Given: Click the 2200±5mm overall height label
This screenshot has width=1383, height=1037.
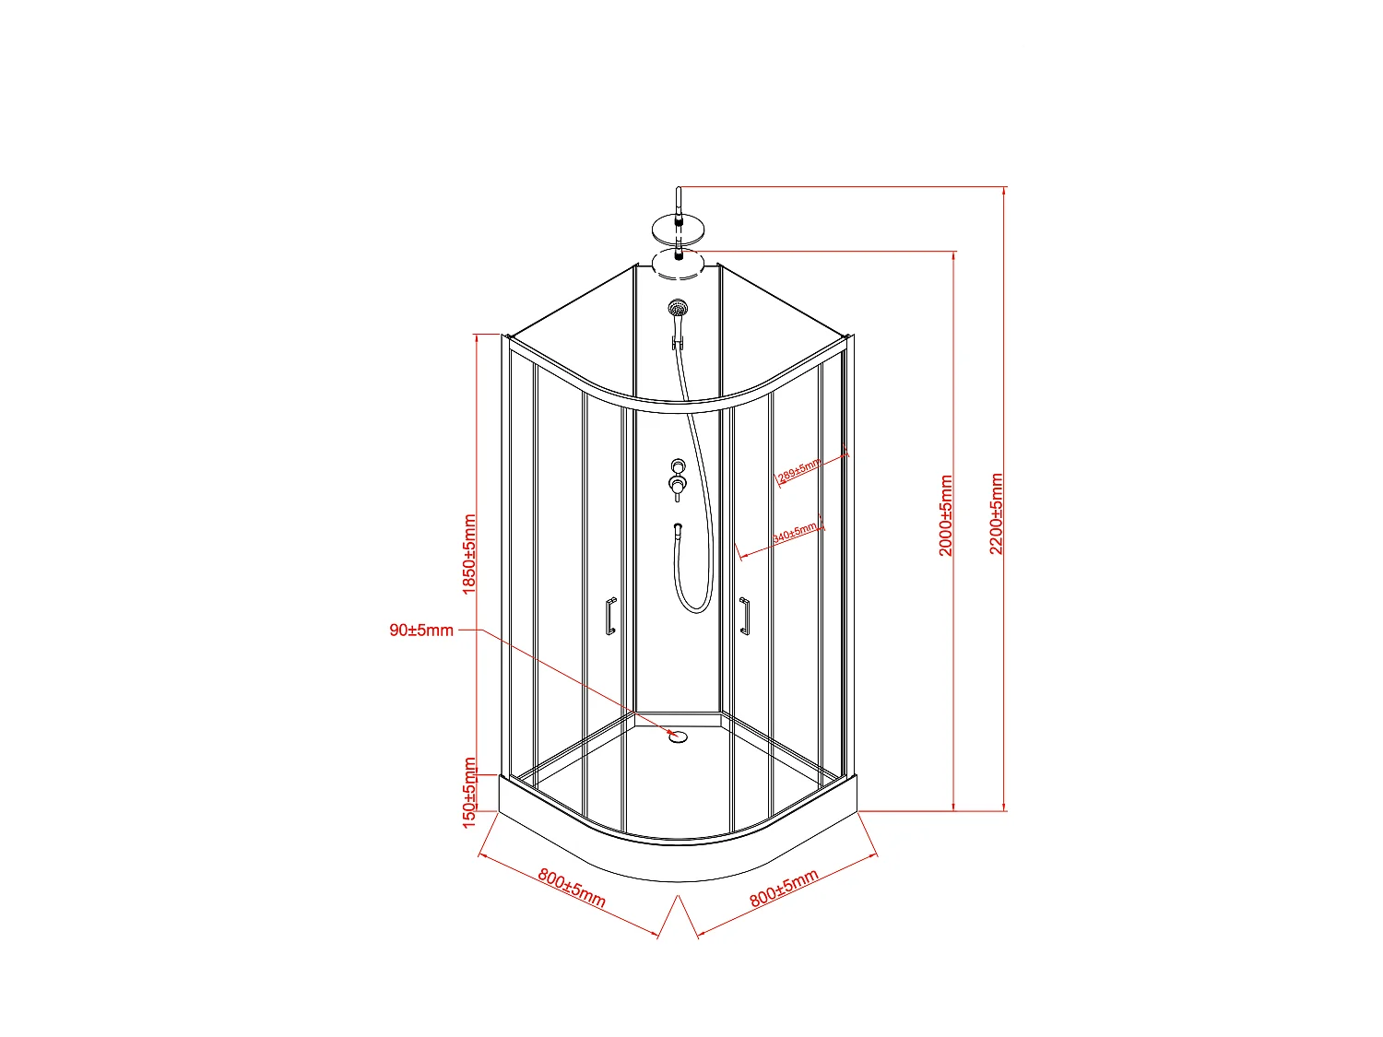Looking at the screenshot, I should pos(997,513).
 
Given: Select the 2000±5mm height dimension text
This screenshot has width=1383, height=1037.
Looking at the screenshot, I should pos(946,515).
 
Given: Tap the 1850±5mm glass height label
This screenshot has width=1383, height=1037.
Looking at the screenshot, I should pos(469,554).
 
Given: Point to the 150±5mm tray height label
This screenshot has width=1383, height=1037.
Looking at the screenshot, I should pos(469,792).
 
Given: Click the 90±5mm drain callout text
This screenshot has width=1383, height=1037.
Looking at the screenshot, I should pos(421,630).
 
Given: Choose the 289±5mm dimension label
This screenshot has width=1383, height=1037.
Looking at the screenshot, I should pos(798,471).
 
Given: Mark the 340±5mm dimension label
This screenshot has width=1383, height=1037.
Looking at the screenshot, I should pos(794,533).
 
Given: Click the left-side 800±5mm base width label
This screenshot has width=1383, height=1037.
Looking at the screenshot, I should pos(572,888).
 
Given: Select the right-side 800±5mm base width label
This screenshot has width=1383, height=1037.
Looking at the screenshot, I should pos(784,888).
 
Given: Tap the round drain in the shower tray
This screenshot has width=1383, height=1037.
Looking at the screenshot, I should pos(679,736).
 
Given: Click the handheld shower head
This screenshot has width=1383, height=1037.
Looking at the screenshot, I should pos(678,308).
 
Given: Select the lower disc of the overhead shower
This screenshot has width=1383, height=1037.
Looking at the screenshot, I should pos(680,262).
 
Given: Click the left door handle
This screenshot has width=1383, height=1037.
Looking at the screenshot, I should pos(609,616).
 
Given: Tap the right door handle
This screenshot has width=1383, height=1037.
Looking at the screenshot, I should pos(744,616).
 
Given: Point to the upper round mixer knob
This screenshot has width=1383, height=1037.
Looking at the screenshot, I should pos(678,466).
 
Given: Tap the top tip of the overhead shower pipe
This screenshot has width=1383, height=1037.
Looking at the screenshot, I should pos(679,189).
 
